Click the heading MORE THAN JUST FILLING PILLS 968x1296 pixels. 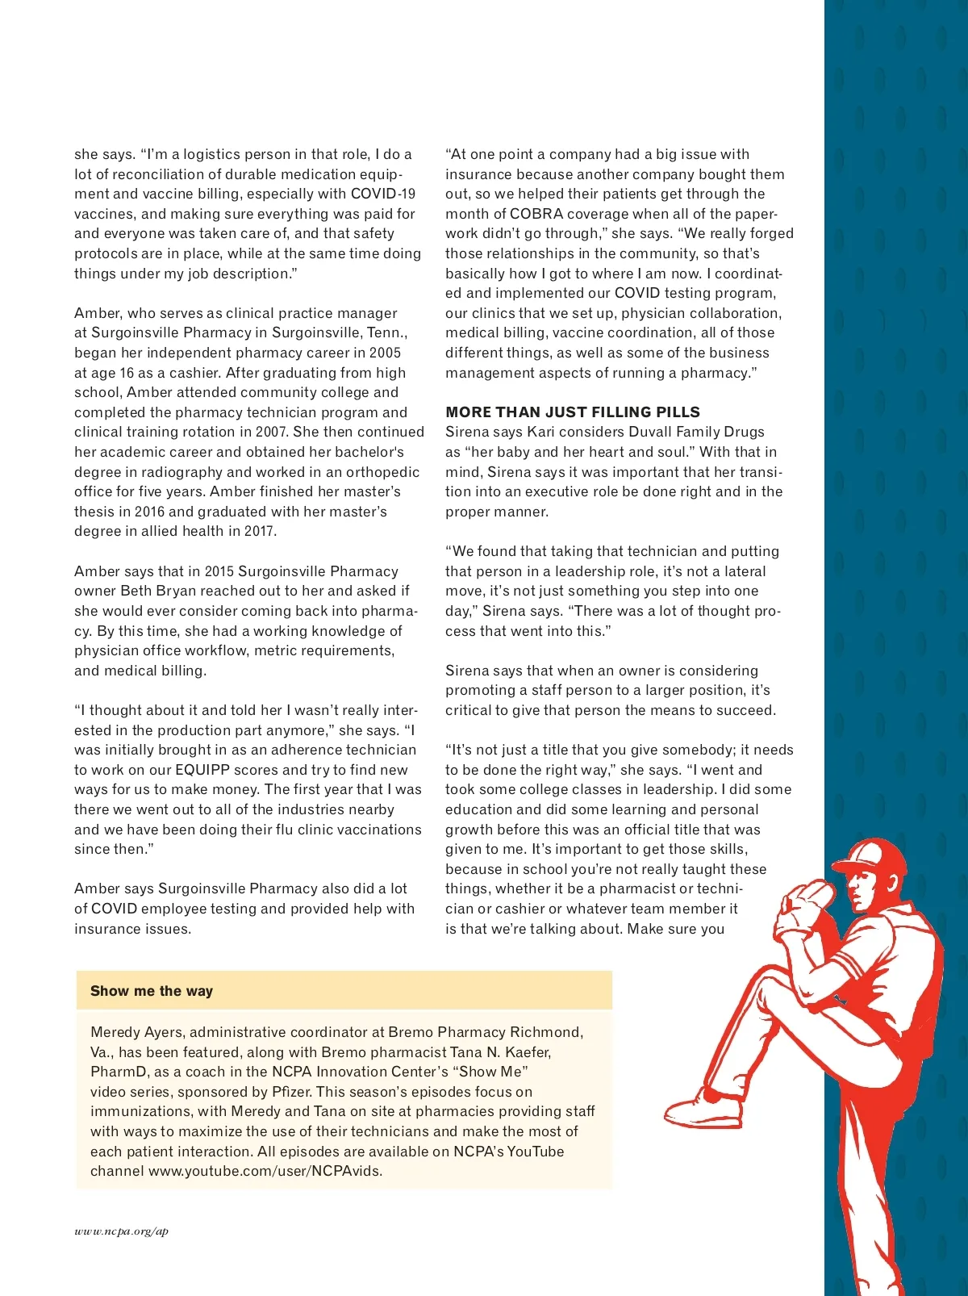tap(573, 412)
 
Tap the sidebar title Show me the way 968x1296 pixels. tap(152, 991)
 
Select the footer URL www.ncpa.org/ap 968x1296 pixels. tap(122, 1231)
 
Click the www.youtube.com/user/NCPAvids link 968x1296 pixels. tap(265, 1171)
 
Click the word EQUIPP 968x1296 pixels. tap(202, 770)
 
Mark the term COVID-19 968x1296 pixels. tap(383, 194)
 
